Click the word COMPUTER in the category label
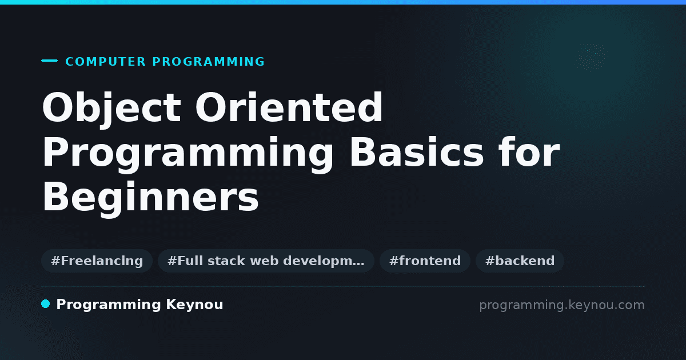(x=105, y=62)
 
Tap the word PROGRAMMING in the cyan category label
(x=208, y=62)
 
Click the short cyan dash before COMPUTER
(x=49, y=61)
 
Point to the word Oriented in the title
(x=289, y=107)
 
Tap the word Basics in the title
(x=417, y=152)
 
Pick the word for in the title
(x=529, y=152)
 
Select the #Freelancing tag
(x=97, y=261)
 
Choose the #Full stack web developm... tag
(x=266, y=261)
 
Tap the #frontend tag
(x=425, y=261)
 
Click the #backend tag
(x=520, y=261)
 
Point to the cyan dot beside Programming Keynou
(x=45, y=304)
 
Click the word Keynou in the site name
(x=194, y=305)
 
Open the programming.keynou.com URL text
(x=562, y=305)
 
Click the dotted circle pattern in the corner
(x=591, y=57)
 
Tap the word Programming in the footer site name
(x=109, y=305)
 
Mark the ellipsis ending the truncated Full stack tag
(x=358, y=265)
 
